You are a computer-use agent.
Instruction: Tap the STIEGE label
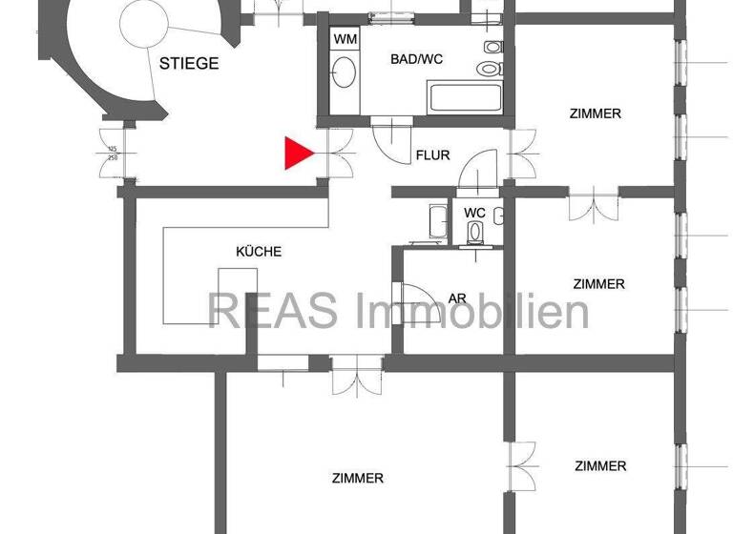[x=189, y=64]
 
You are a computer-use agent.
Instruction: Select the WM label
[x=345, y=39]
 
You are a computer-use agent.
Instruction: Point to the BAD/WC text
[x=417, y=59]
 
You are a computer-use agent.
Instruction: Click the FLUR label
[x=432, y=155]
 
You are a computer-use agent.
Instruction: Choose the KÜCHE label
[x=259, y=252]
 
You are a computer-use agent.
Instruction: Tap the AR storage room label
[x=457, y=298]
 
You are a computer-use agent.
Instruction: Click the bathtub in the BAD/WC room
[x=465, y=97]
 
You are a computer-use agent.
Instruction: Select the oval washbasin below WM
[x=345, y=72]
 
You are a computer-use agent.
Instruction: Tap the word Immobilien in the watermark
[x=472, y=311]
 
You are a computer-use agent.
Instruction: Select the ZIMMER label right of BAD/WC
[x=595, y=113]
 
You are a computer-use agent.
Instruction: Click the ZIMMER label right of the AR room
[x=598, y=284]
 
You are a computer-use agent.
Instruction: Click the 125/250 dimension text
[x=113, y=153]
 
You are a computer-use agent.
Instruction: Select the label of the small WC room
[x=474, y=212]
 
